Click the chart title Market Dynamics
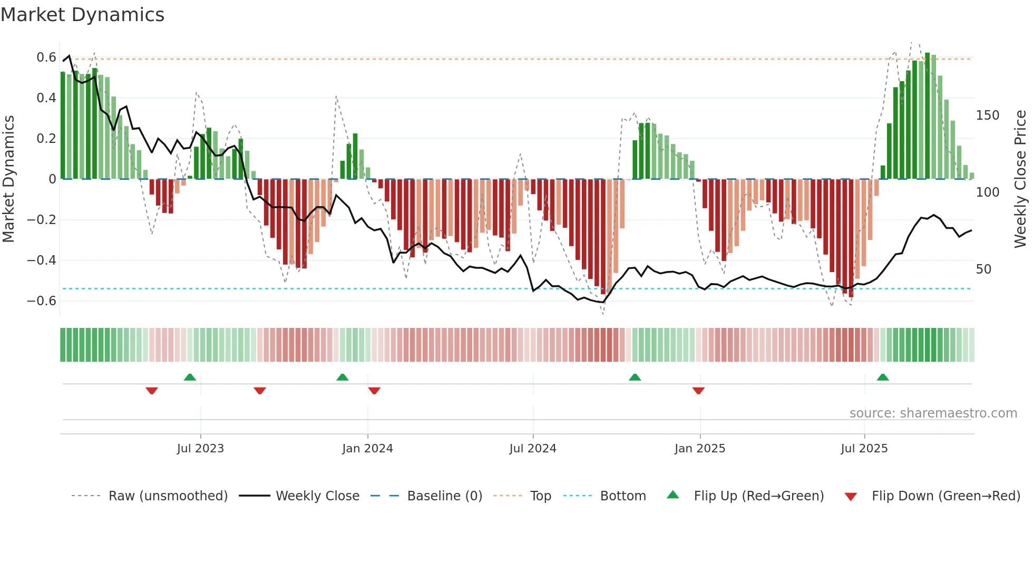(82, 15)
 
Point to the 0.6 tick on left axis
(46, 57)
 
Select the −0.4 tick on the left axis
(41, 260)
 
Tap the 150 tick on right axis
(987, 115)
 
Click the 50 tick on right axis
(983, 269)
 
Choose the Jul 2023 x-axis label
(200, 449)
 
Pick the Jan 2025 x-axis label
(699, 449)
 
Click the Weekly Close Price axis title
(1020, 179)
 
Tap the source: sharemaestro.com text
(933, 413)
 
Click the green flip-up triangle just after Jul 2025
(883, 377)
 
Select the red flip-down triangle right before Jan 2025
(698, 391)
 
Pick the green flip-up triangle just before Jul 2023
(190, 377)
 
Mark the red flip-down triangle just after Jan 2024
(374, 391)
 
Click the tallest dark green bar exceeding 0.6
(927, 116)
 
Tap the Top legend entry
(540, 496)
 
